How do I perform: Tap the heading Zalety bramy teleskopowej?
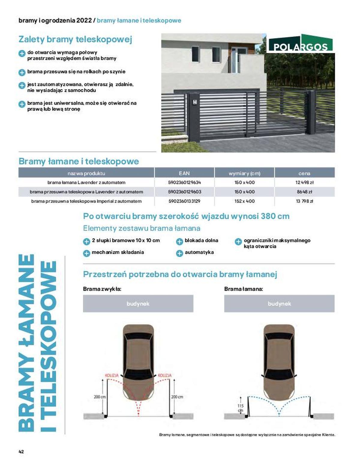click(75, 39)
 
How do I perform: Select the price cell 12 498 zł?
click(304, 183)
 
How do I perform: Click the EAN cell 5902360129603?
click(184, 192)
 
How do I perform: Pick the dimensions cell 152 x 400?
click(244, 201)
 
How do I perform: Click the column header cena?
click(304, 173)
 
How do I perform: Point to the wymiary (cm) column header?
click(244, 173)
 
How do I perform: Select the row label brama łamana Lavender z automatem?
click(86, 183)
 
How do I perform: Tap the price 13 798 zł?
click(304, 201)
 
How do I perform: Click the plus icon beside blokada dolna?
click(179, 241)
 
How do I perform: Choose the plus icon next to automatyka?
click(179, 253)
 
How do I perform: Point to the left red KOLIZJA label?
click(112, 375)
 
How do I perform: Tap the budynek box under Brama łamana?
click(279, 303)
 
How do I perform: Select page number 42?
click(21, 451)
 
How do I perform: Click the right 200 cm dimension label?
click(177, 397)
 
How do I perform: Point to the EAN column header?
click(184, 173)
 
